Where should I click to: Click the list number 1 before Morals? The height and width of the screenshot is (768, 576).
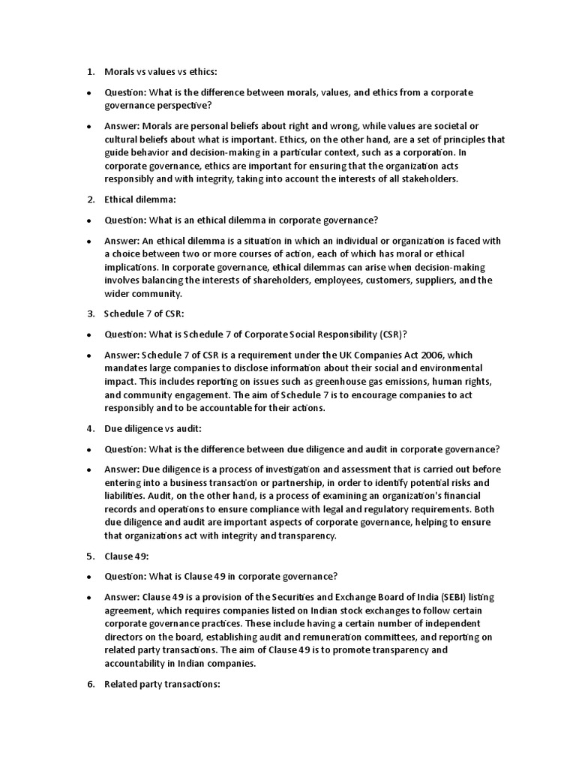[89, 72]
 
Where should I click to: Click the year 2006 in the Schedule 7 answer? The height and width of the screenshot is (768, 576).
[409, 355]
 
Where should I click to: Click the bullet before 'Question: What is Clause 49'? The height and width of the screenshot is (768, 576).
[88, 577]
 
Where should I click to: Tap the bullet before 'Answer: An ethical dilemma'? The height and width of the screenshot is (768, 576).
[88, 241]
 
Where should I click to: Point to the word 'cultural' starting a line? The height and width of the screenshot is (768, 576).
[121, 139]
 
